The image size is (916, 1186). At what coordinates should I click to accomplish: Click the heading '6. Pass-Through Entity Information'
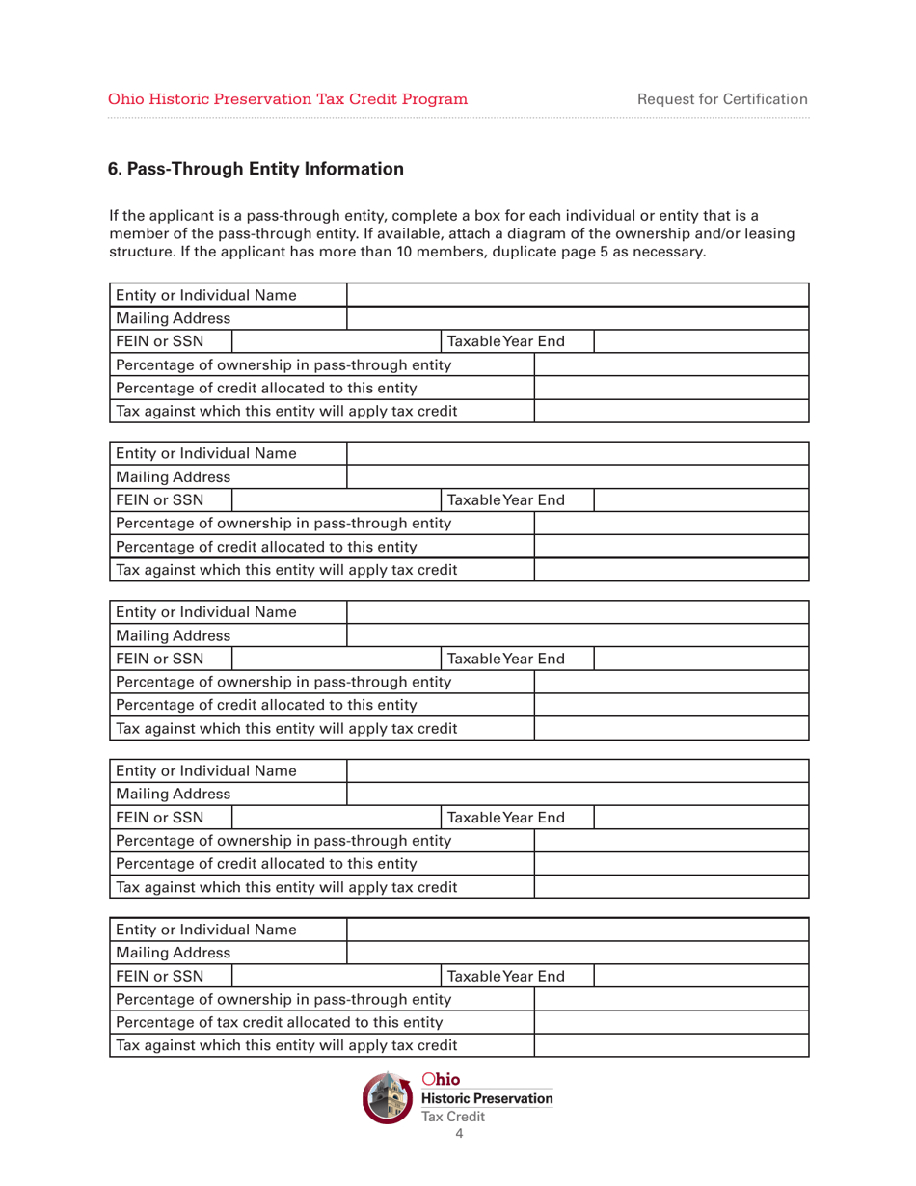click(x=256, y=170)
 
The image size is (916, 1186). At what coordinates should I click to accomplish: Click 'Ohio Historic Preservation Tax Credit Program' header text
click(x=288, y=98)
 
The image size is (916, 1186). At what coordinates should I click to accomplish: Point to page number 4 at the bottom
click(x=458, y=1134)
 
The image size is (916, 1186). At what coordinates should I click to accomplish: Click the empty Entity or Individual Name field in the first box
click(x=577, y=295)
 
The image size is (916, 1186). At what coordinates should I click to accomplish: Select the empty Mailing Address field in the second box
click(x=577, y=477)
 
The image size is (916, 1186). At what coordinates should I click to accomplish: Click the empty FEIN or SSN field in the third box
click(x=335, y=659)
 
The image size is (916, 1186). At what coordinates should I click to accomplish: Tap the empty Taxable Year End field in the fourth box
click(x=701, y=817)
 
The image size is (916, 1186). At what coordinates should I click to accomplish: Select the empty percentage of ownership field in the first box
click(x=672, y=365)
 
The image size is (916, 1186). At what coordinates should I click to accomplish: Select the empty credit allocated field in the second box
click(x=672, y=547)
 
